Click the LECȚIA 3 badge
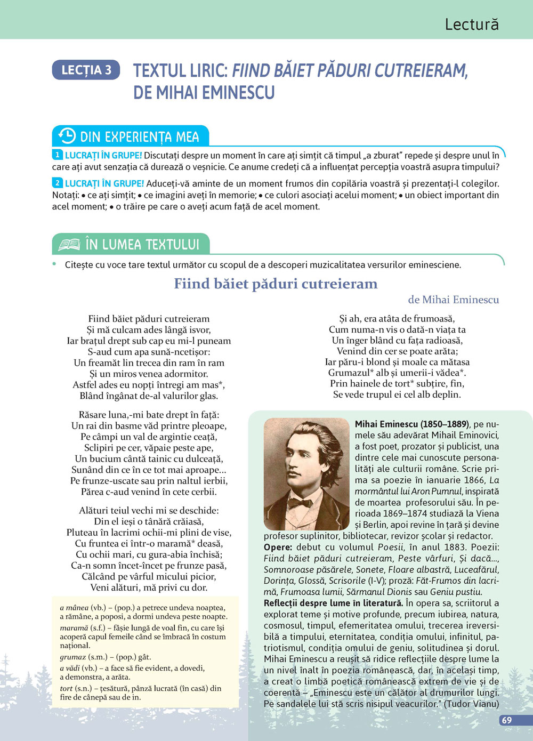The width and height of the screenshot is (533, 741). [86, 70]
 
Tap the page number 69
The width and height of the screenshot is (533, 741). [507, 720]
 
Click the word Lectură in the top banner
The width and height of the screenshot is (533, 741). [472, 25]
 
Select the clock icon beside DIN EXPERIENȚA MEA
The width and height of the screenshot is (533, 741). [67, 136]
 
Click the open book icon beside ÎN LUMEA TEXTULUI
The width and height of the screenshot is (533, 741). [69, 245]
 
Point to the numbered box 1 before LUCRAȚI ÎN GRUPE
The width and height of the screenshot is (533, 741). [58, 155]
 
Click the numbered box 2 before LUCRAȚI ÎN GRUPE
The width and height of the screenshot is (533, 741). [58, 183]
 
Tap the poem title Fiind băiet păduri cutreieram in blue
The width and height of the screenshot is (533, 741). [276, 284]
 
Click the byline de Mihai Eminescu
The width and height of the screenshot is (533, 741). [453, 300]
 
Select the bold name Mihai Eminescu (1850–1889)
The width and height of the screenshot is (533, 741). [411, 424]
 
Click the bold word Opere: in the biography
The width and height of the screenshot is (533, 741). [278, 547]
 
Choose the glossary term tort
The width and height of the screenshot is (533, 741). [66, 688]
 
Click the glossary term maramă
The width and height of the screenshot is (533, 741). [74, 628]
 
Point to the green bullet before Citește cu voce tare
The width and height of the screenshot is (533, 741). [54, 264]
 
